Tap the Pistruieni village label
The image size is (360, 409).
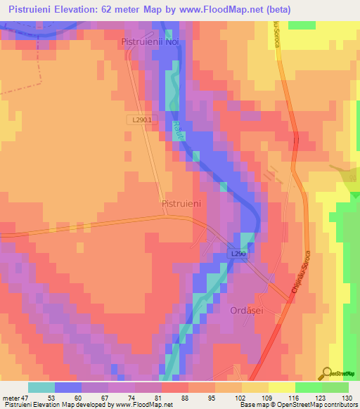181,203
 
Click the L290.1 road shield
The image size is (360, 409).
142,120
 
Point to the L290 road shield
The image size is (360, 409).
238,253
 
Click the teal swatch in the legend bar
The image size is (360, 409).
41,387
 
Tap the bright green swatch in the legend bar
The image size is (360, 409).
309,387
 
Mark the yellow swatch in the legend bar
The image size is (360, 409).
255,387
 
